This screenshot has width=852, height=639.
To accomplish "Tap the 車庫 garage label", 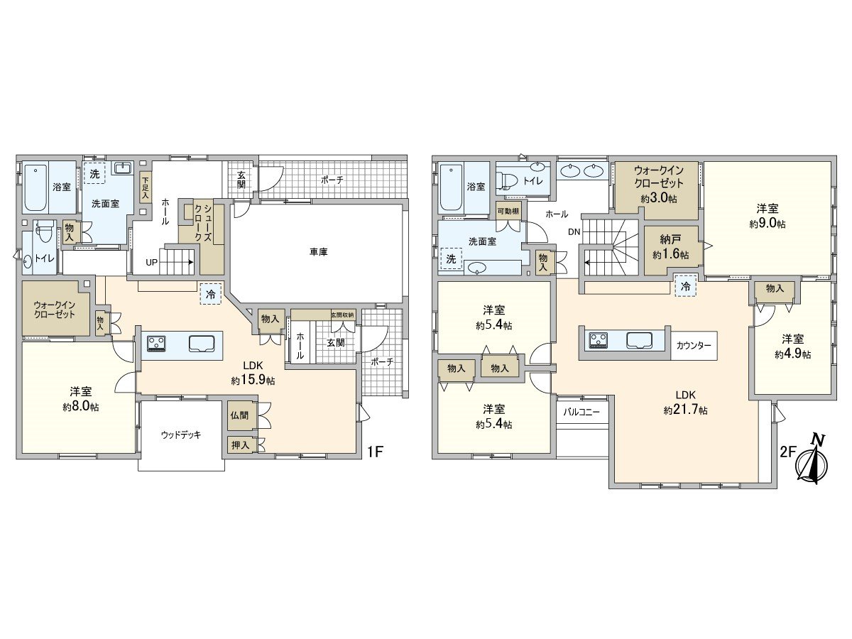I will click(x=317, y=252).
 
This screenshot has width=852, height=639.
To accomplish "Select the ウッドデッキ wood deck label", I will click(x=180, y=435).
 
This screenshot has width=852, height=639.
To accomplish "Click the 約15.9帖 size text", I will click(x=253, y=381).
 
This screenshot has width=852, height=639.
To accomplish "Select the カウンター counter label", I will click(x=694, y=344).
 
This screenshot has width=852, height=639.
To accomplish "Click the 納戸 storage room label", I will click(x=667, y=240).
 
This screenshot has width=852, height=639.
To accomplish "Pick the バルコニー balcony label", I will click(x=581, y=412).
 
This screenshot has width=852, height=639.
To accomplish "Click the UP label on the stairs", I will click(x=152, y=262).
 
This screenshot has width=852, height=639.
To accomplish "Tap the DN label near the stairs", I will click(x=574, y=231).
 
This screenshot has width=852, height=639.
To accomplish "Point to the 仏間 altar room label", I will click(x=239, y=416).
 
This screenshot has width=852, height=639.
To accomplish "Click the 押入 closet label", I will click(x=239, y=445).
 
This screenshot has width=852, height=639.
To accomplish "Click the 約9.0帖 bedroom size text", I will click(x=766, y=224).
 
